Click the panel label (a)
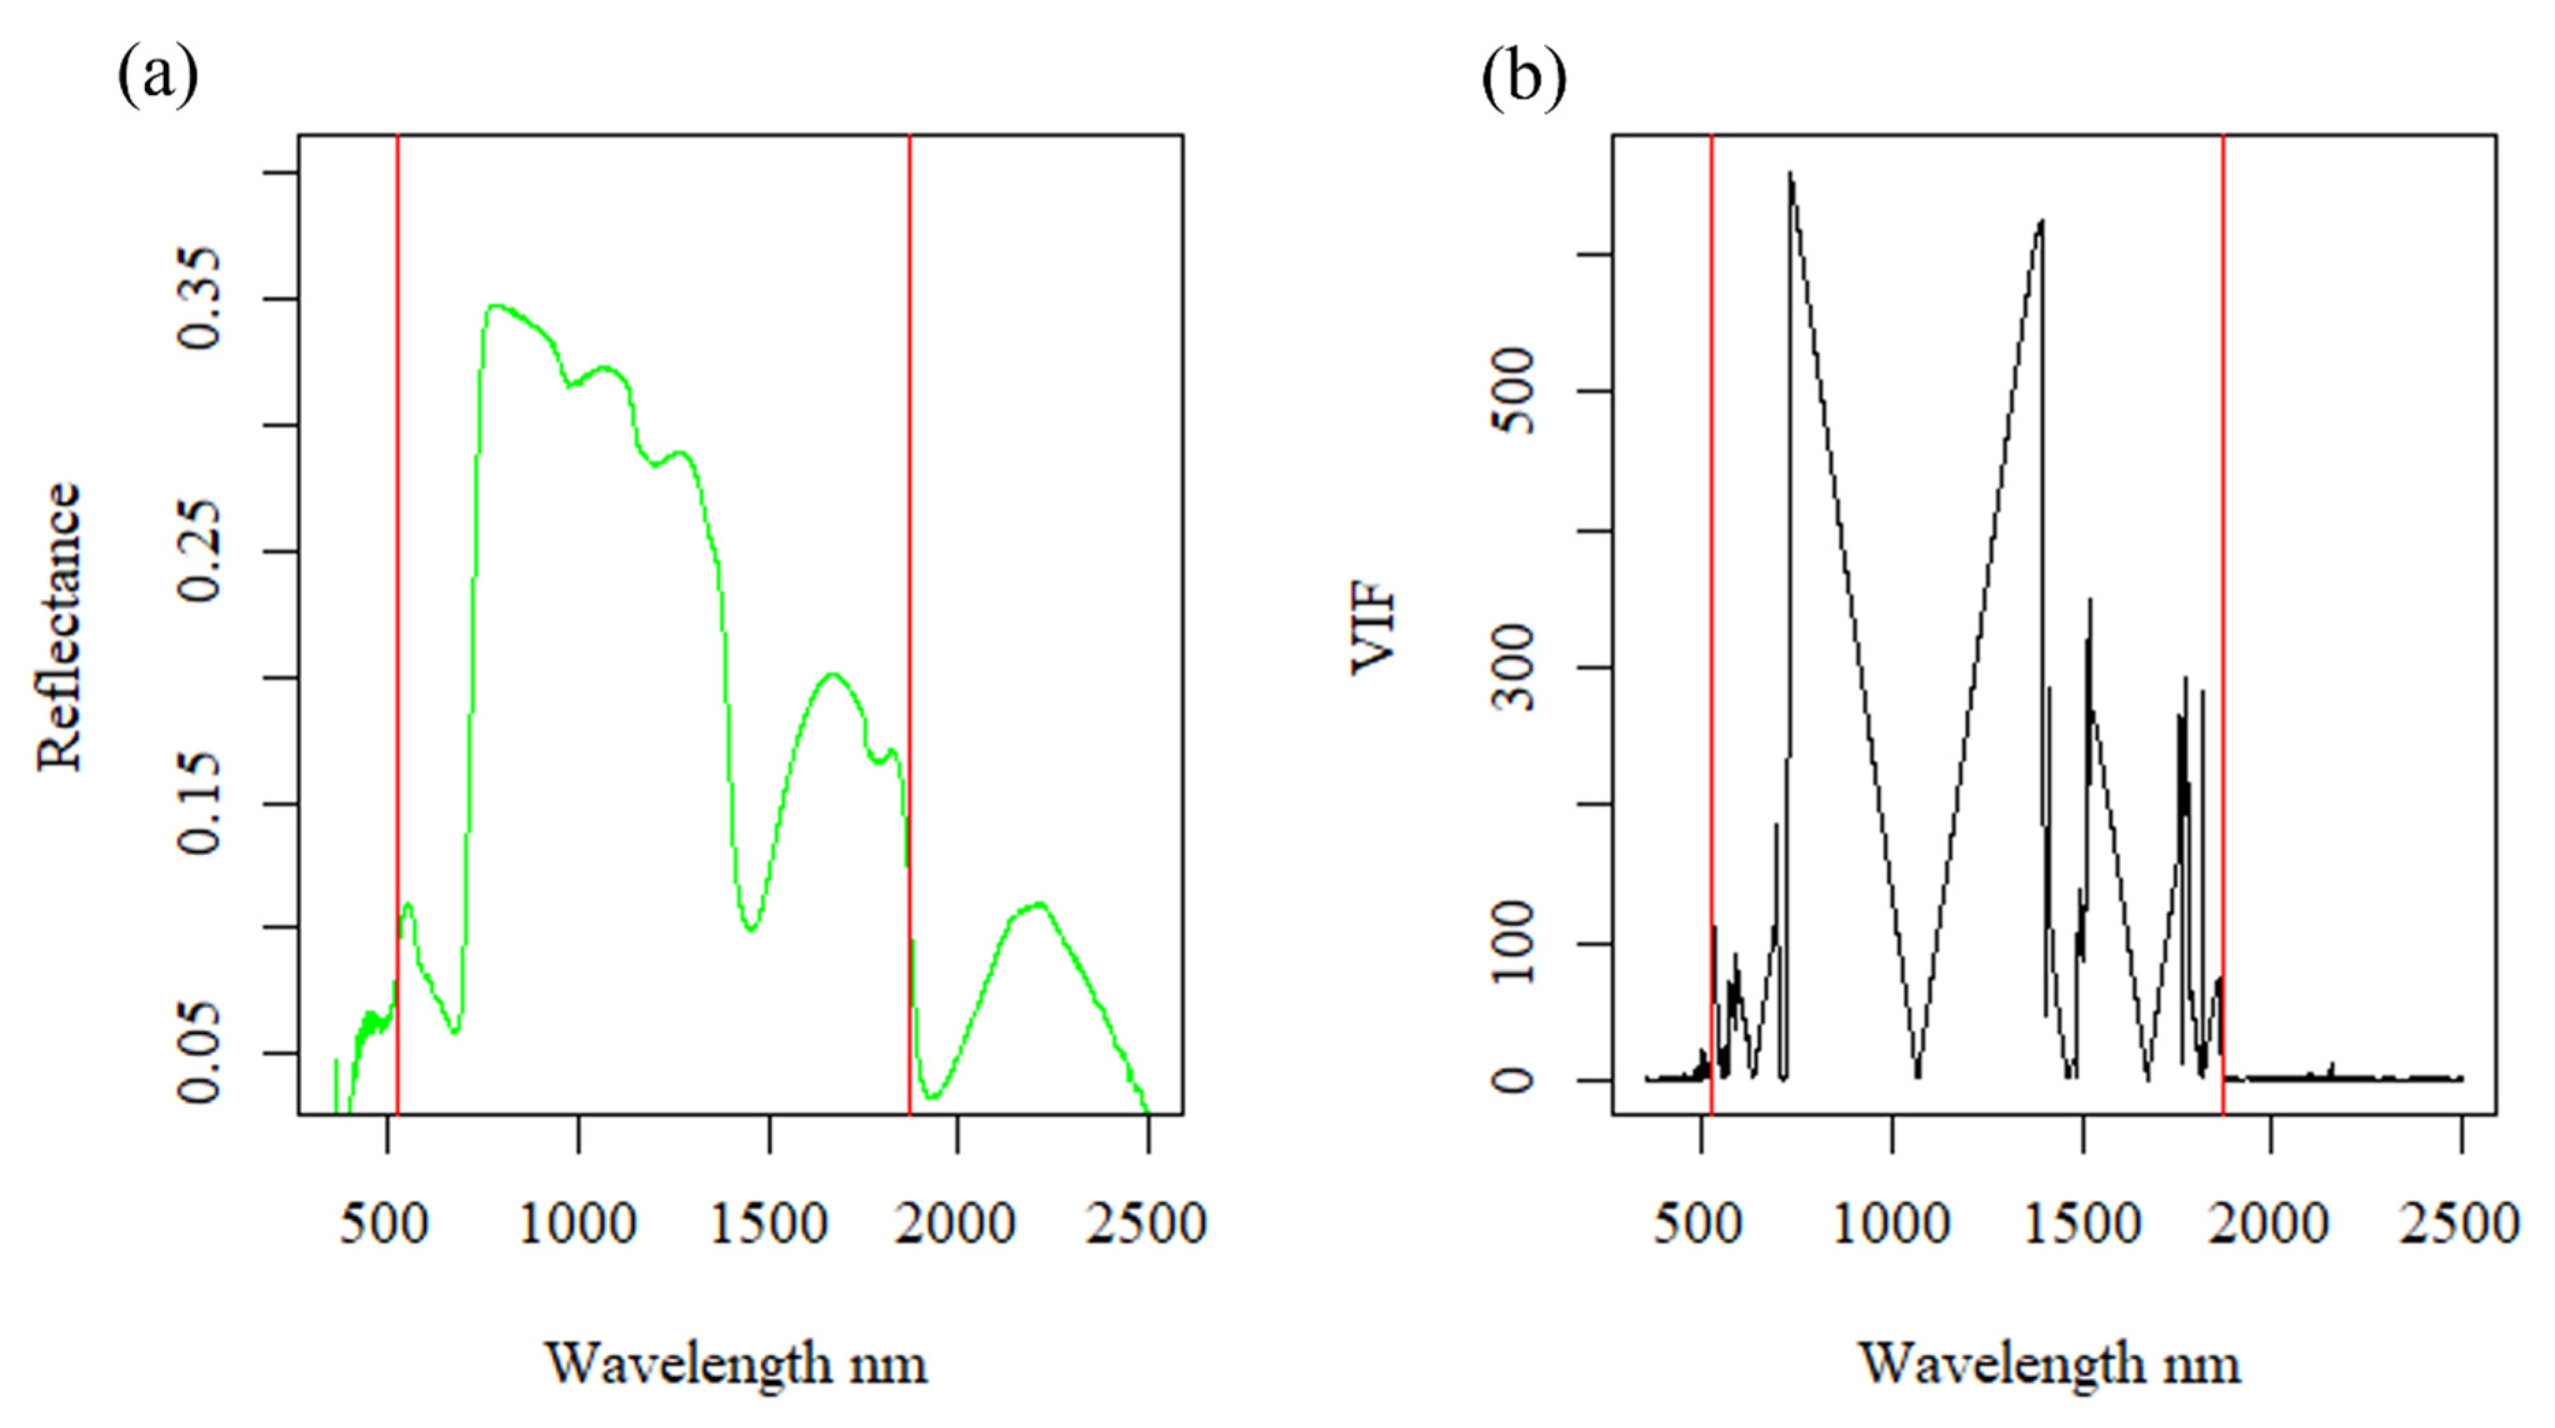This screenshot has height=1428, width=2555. coord(158,77)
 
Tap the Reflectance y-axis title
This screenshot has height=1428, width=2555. coord(59,627)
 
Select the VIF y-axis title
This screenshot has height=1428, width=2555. coord(1375,632)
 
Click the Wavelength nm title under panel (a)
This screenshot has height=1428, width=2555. coord(737,1364)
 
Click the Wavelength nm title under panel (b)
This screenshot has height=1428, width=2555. coord(2050,1364)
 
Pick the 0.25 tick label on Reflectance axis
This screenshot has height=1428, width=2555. coord(198,551)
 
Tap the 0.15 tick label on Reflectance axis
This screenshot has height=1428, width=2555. coord(198,803)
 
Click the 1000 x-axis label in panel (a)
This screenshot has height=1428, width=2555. coord(578,1224)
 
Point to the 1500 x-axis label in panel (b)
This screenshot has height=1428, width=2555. coord(2082,1224)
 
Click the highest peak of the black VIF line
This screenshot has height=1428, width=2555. coord(1791,173)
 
